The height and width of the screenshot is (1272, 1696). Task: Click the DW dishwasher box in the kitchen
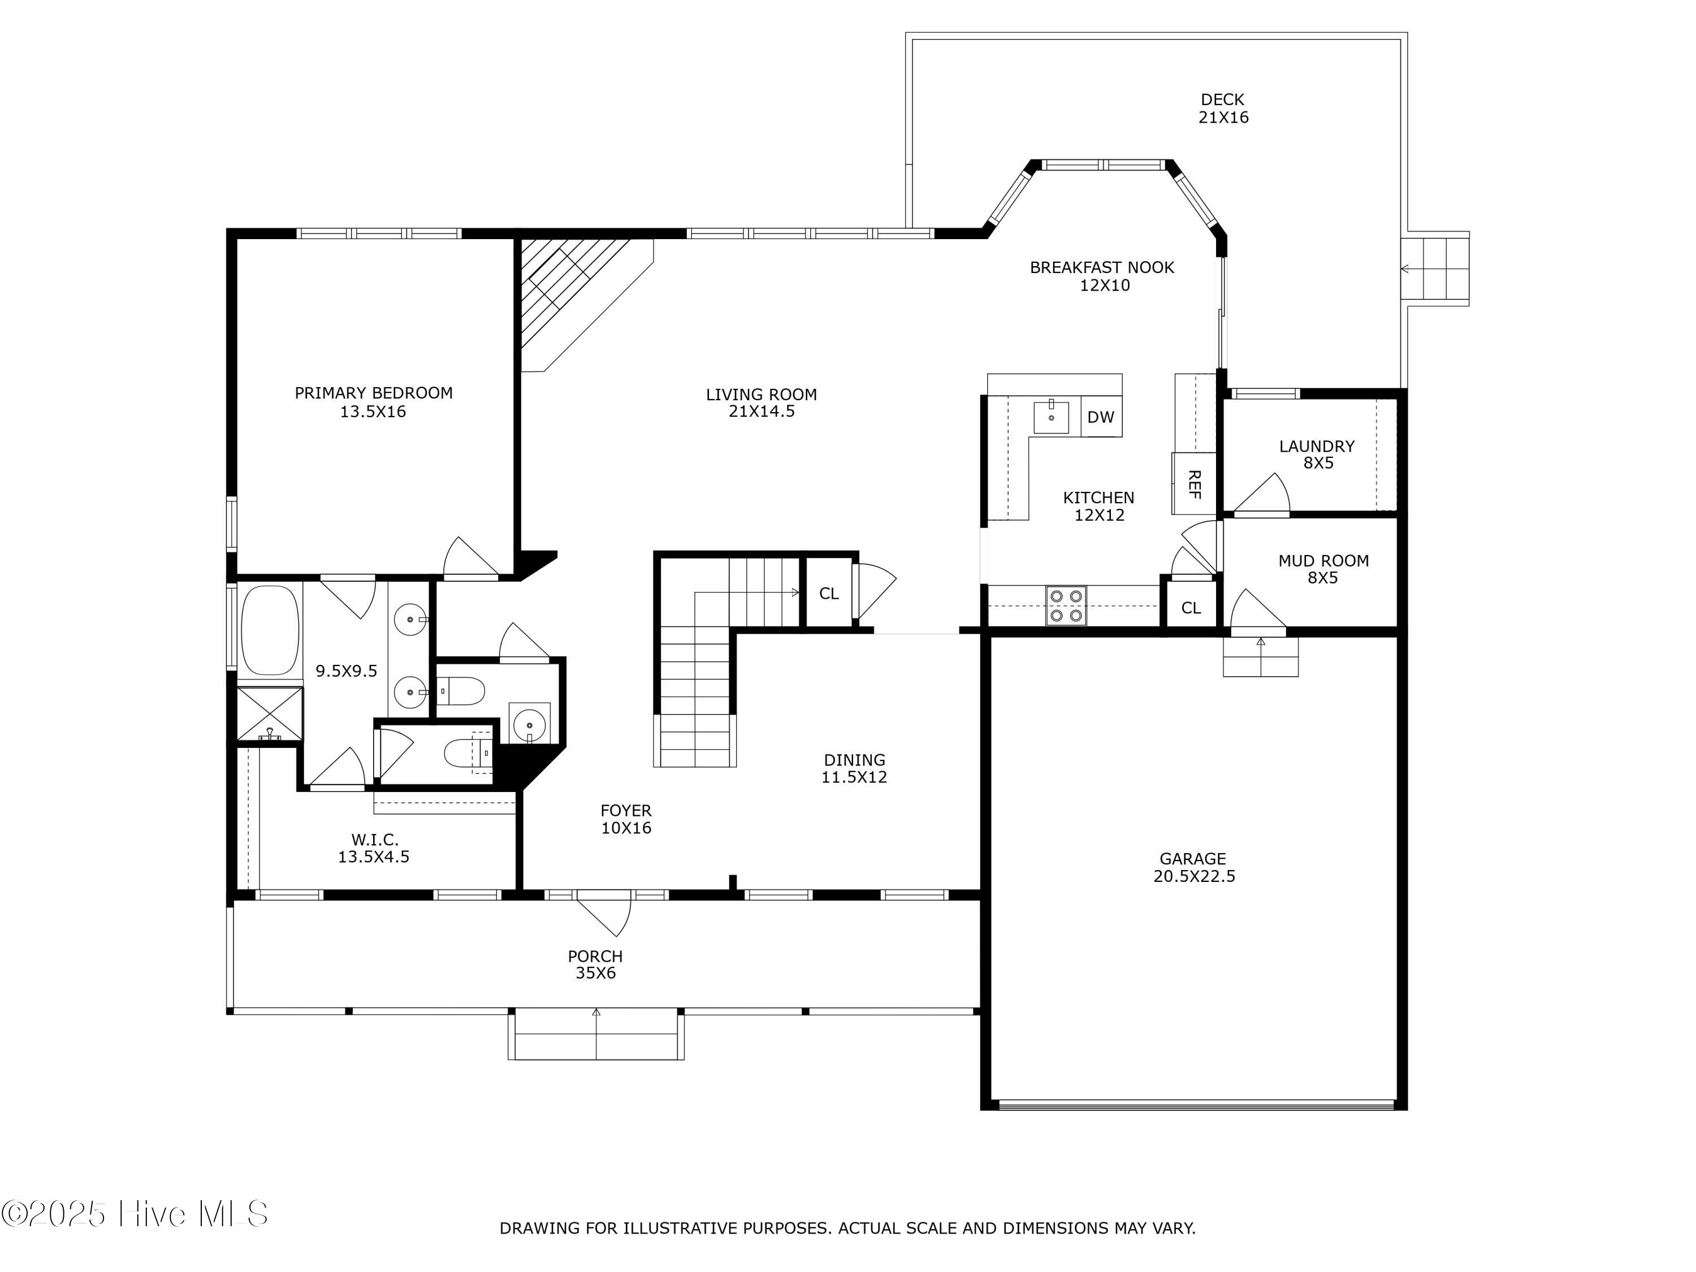tap(1101, 416)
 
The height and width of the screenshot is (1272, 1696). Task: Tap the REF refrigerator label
tap(1194, 484)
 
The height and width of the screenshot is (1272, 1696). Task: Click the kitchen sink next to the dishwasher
tap(1051, 416)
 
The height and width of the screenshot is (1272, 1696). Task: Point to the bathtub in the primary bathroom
tap(270, 631)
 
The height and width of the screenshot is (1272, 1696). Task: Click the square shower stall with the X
tap(269, 715)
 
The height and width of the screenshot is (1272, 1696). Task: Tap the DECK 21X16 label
tap(1224, 108)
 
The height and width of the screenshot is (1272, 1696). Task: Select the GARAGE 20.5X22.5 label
tap(1194, 867)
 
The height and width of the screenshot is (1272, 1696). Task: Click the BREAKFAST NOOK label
tap(1102, 267)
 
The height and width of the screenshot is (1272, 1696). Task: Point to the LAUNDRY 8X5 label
tap(1317, 454)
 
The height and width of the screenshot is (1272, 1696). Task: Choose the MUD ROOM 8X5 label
tap(1323, 569)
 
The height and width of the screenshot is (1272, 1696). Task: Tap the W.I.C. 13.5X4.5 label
tap(374, 848)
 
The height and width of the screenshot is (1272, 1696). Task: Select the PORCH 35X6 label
tap(595, 964)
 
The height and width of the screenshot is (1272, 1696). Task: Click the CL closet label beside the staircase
tap(829, 594)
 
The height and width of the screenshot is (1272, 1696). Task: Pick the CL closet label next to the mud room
tap(1191, 608)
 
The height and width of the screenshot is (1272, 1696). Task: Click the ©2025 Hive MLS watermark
tap(135, 1214)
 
